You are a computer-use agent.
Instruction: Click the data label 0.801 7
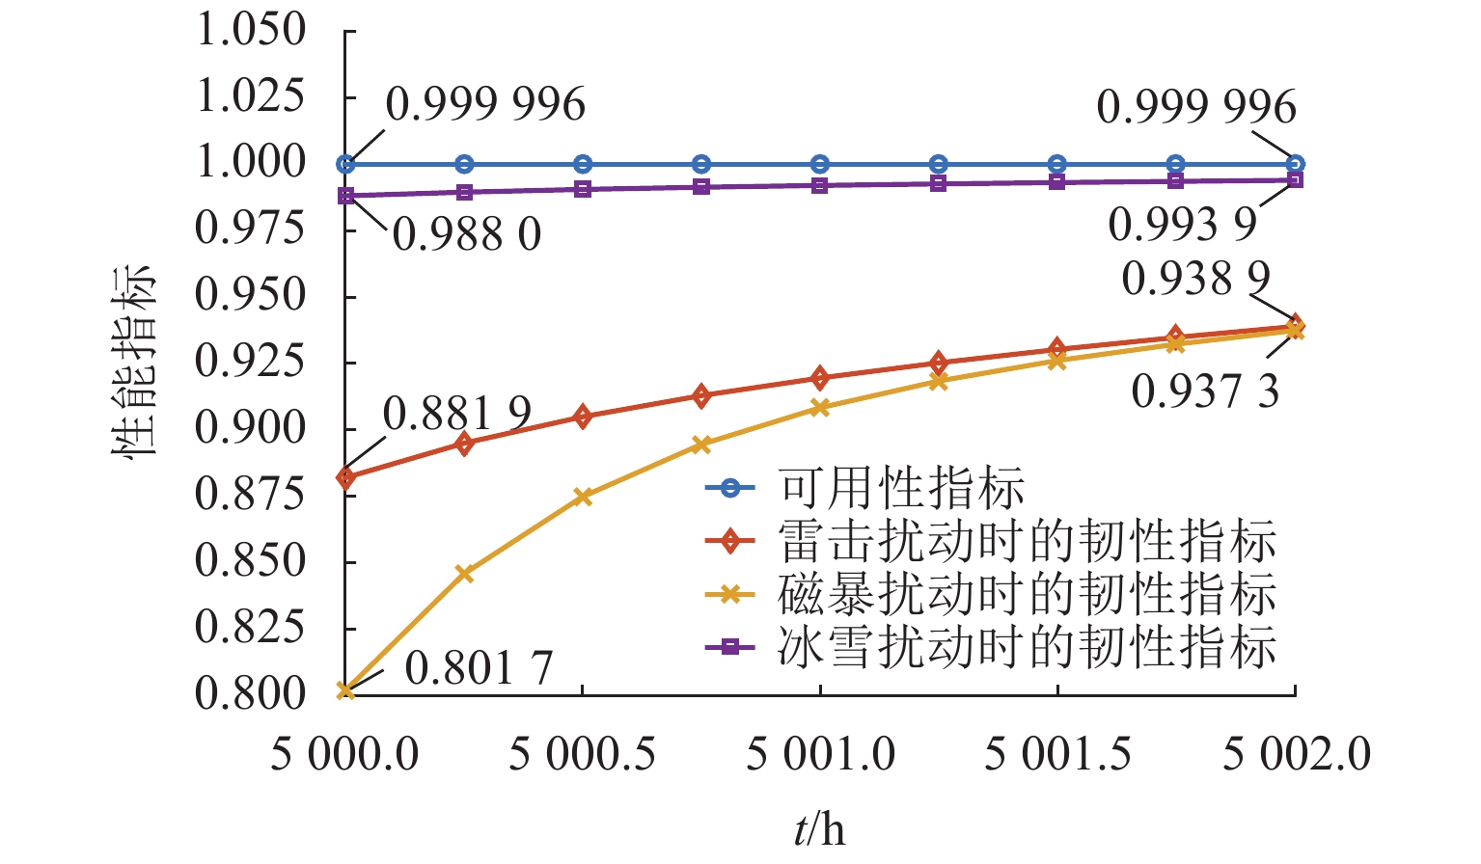click(479, 668)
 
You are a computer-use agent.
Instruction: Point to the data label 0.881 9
click(457, 415)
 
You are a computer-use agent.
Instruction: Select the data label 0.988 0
click(467, 234)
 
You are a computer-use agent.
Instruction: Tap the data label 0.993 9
click(1183, 225)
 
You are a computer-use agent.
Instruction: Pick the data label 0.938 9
click(1196, 279)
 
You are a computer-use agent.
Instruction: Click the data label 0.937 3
click(1205, 391)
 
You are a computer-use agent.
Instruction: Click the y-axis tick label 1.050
click(251, 30)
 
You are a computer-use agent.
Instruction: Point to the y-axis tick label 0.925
click(251, 362)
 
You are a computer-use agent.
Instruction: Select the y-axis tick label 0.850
click(251, 561)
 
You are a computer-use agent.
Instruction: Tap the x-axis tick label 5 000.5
click(582, 753)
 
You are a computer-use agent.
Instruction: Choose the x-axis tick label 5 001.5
click(1057, 753)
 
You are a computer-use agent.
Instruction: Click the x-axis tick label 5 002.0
click(1296, 753)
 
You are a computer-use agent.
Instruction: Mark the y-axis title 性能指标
click(132, 361)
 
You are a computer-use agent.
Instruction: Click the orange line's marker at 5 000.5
click(583, 497)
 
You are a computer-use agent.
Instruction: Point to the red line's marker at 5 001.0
click(820, 377)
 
